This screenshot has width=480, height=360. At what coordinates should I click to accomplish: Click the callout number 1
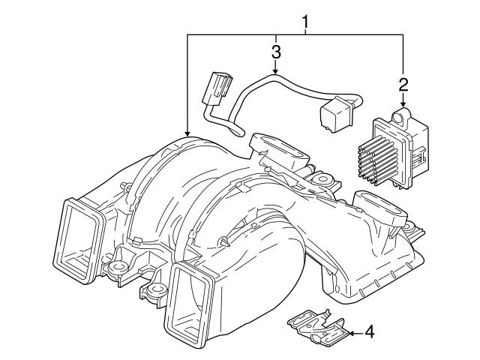[305, 22]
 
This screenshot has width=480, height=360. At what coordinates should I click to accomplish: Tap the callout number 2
[403, 84]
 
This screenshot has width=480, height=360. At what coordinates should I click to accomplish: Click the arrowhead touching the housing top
[187, 134]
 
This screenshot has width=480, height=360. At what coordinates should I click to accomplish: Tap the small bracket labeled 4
[316, 325]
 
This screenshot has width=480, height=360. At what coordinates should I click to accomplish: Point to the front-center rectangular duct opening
[188, 299]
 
